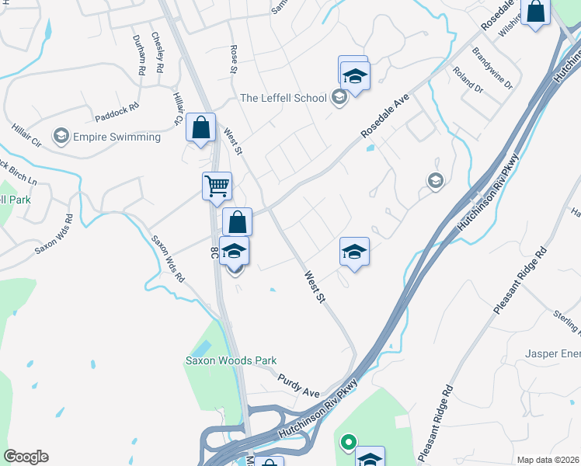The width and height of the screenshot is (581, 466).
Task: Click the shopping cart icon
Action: tap(217, 185)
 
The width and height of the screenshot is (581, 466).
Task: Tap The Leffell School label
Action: tap(283, 98)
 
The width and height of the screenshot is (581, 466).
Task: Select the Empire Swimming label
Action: tap(117, 137)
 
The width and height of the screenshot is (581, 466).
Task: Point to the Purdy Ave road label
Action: tap(299, 384)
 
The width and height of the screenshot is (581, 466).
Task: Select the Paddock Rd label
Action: tap(117, 112)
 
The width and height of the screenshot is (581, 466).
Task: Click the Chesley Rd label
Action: tap(157, 52)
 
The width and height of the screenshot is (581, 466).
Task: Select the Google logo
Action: tap(26, 457)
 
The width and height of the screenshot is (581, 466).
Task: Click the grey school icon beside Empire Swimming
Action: tap(60, 137)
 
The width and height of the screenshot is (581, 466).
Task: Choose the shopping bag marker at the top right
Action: tap(536, 12)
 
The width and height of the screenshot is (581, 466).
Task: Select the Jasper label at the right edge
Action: tap(551, 353)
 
